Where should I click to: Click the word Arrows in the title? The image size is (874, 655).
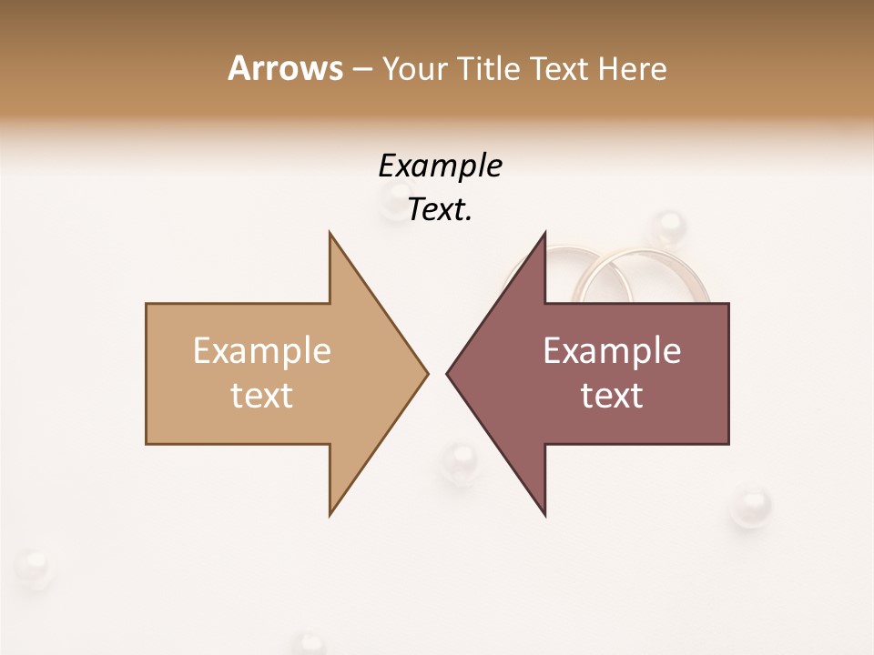(285, 68)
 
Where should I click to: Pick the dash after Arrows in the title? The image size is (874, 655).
(362, 70)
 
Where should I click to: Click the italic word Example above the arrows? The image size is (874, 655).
(440, 166)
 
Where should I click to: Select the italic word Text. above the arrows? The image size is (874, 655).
(440, 210)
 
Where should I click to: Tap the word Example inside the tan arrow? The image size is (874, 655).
(262, 351)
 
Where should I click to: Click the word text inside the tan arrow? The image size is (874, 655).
(262, 396)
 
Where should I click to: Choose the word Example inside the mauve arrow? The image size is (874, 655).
(612, 351)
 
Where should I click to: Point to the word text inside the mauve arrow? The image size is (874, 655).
(612, 396)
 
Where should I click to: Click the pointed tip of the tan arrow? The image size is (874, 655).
(427, 373)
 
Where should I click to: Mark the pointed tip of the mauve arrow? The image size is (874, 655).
(448, 373)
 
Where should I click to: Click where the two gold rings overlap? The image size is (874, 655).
(597, 273)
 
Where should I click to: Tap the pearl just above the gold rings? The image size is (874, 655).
(669, 227)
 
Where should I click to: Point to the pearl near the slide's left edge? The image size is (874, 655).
(34, 568)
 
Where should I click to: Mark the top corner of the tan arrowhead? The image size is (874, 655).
(330, 233)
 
